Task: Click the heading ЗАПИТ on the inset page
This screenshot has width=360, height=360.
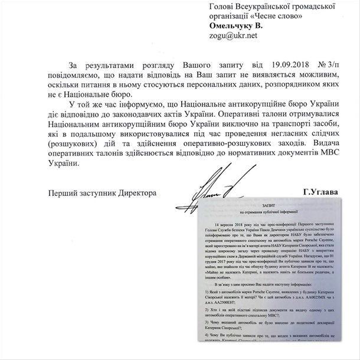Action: (269, 202)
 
